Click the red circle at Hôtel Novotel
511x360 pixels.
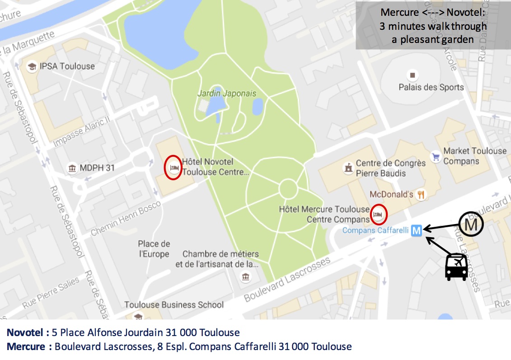[x=173, y=168]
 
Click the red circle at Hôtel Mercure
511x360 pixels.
[x=379, y=214]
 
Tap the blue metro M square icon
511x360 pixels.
[x=417, y=231]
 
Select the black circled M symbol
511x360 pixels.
[x=471, y=224]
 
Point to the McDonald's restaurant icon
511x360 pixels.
[x=421, y=195]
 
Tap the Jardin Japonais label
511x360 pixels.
[x=226, y=94]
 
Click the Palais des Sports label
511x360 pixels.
[x=431, y=87]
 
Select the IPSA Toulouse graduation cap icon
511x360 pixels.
[x=32, y=66]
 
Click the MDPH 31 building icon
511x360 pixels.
[x=72, y=168]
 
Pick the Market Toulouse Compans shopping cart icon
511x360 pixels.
[x=436, y=156]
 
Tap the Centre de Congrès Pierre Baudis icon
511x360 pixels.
[x=347, y=168]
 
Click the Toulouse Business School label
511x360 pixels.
[x=174, y=304]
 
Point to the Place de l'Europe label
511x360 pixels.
[x=154, y=249]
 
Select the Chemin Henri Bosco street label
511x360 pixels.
[x=126, y=219]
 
